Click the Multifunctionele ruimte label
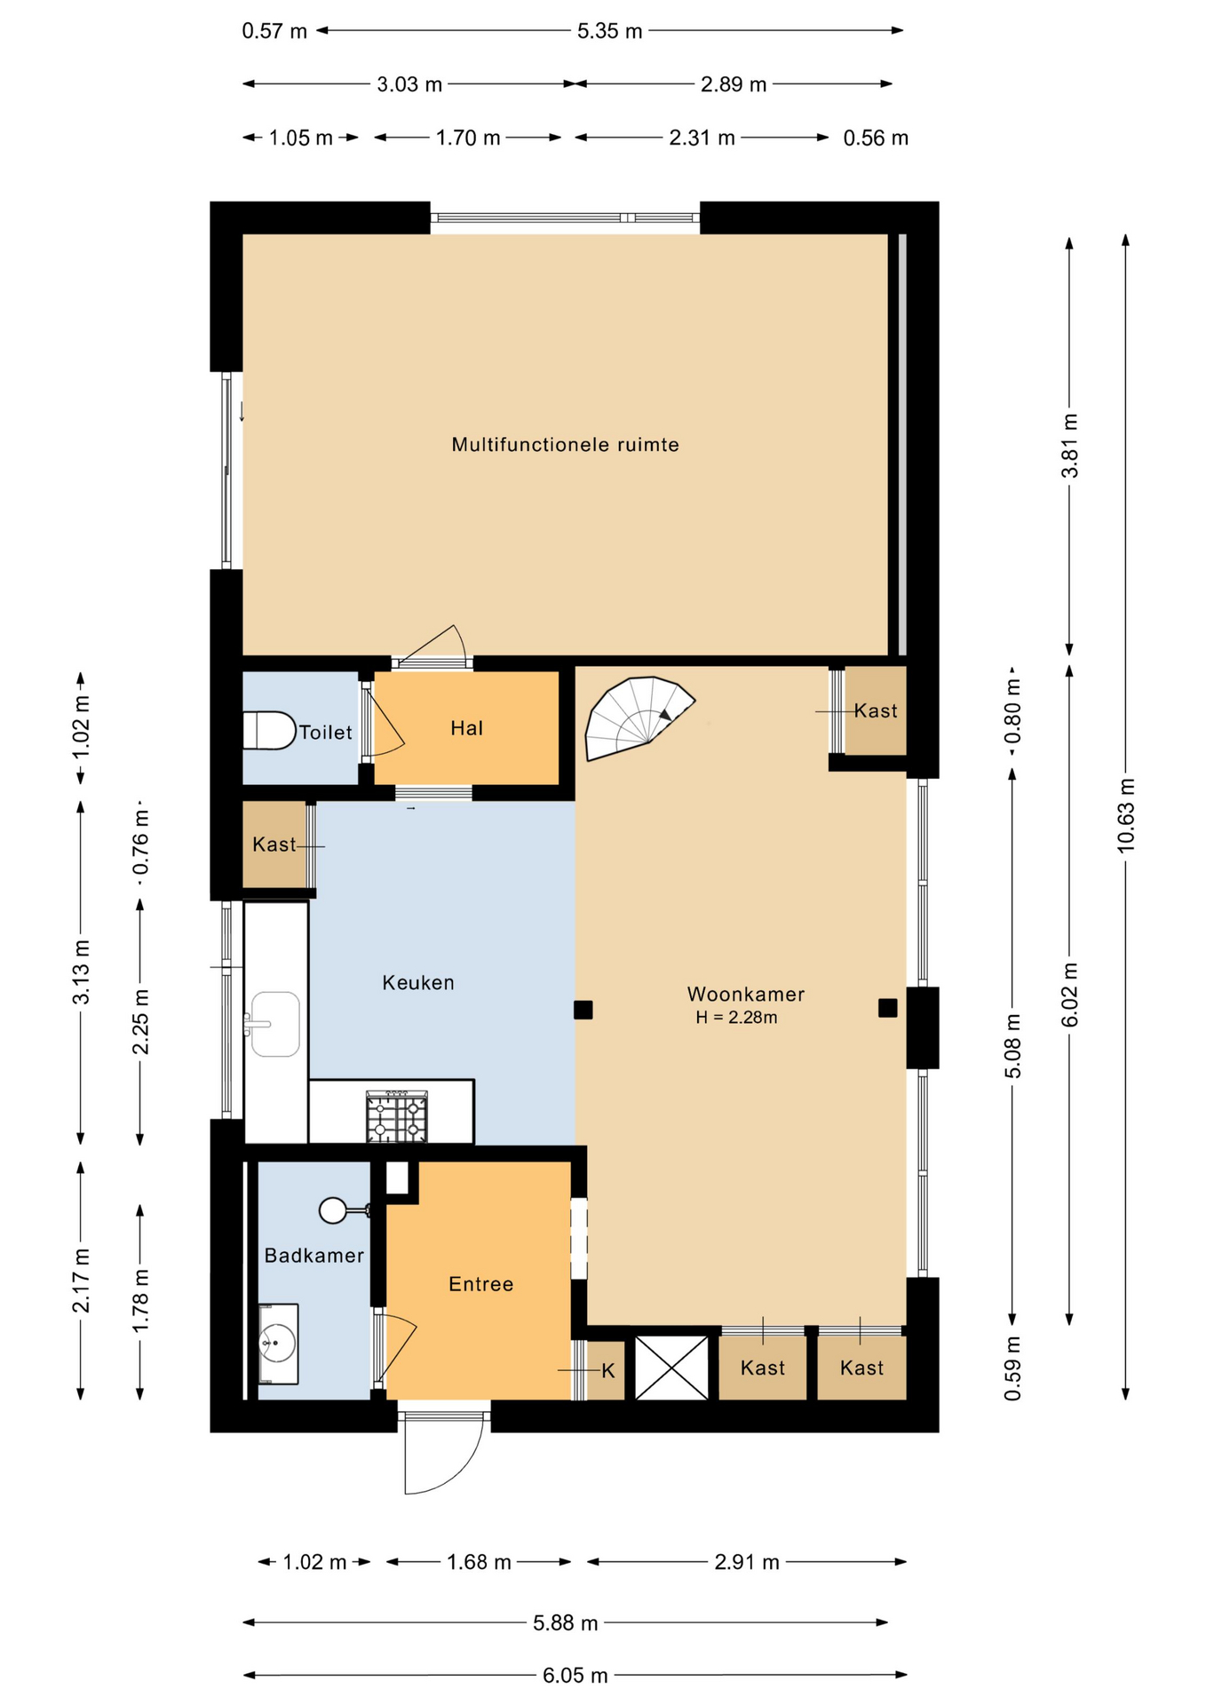[565, 445]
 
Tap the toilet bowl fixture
[269, 731]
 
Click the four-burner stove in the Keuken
[397, 1117]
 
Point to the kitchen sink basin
[275, 1024]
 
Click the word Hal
[467, 729]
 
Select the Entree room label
[481, 1284]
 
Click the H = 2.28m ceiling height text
[736, 1018]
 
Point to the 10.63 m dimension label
[1126, 815]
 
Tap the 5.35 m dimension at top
[609, 31]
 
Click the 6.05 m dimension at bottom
[575, 1676]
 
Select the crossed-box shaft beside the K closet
[671, 1368]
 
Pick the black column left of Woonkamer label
[583, 1010]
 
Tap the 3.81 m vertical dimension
[1070, 446]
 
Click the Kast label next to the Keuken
[274, 845]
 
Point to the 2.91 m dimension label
[747, 1562]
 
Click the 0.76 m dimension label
[140, 842]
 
